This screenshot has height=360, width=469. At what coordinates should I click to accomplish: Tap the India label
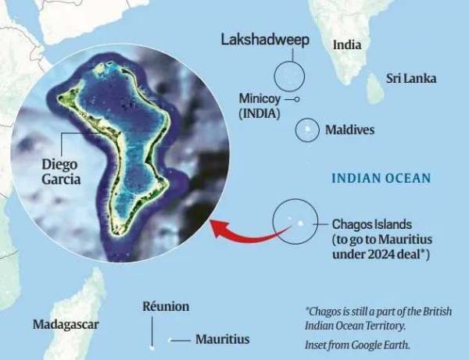347,45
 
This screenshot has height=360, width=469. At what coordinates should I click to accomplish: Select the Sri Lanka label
411,78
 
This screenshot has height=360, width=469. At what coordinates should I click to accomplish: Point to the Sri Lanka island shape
376,90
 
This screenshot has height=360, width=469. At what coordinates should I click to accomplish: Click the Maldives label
349,130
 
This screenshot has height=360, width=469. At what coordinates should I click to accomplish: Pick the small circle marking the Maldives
307,130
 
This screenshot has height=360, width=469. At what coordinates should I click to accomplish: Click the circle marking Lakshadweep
289,77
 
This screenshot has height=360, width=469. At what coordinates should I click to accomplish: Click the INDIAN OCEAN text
381,179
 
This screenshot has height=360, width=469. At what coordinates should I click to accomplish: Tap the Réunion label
165,308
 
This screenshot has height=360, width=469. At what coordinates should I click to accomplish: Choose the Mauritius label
222,340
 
